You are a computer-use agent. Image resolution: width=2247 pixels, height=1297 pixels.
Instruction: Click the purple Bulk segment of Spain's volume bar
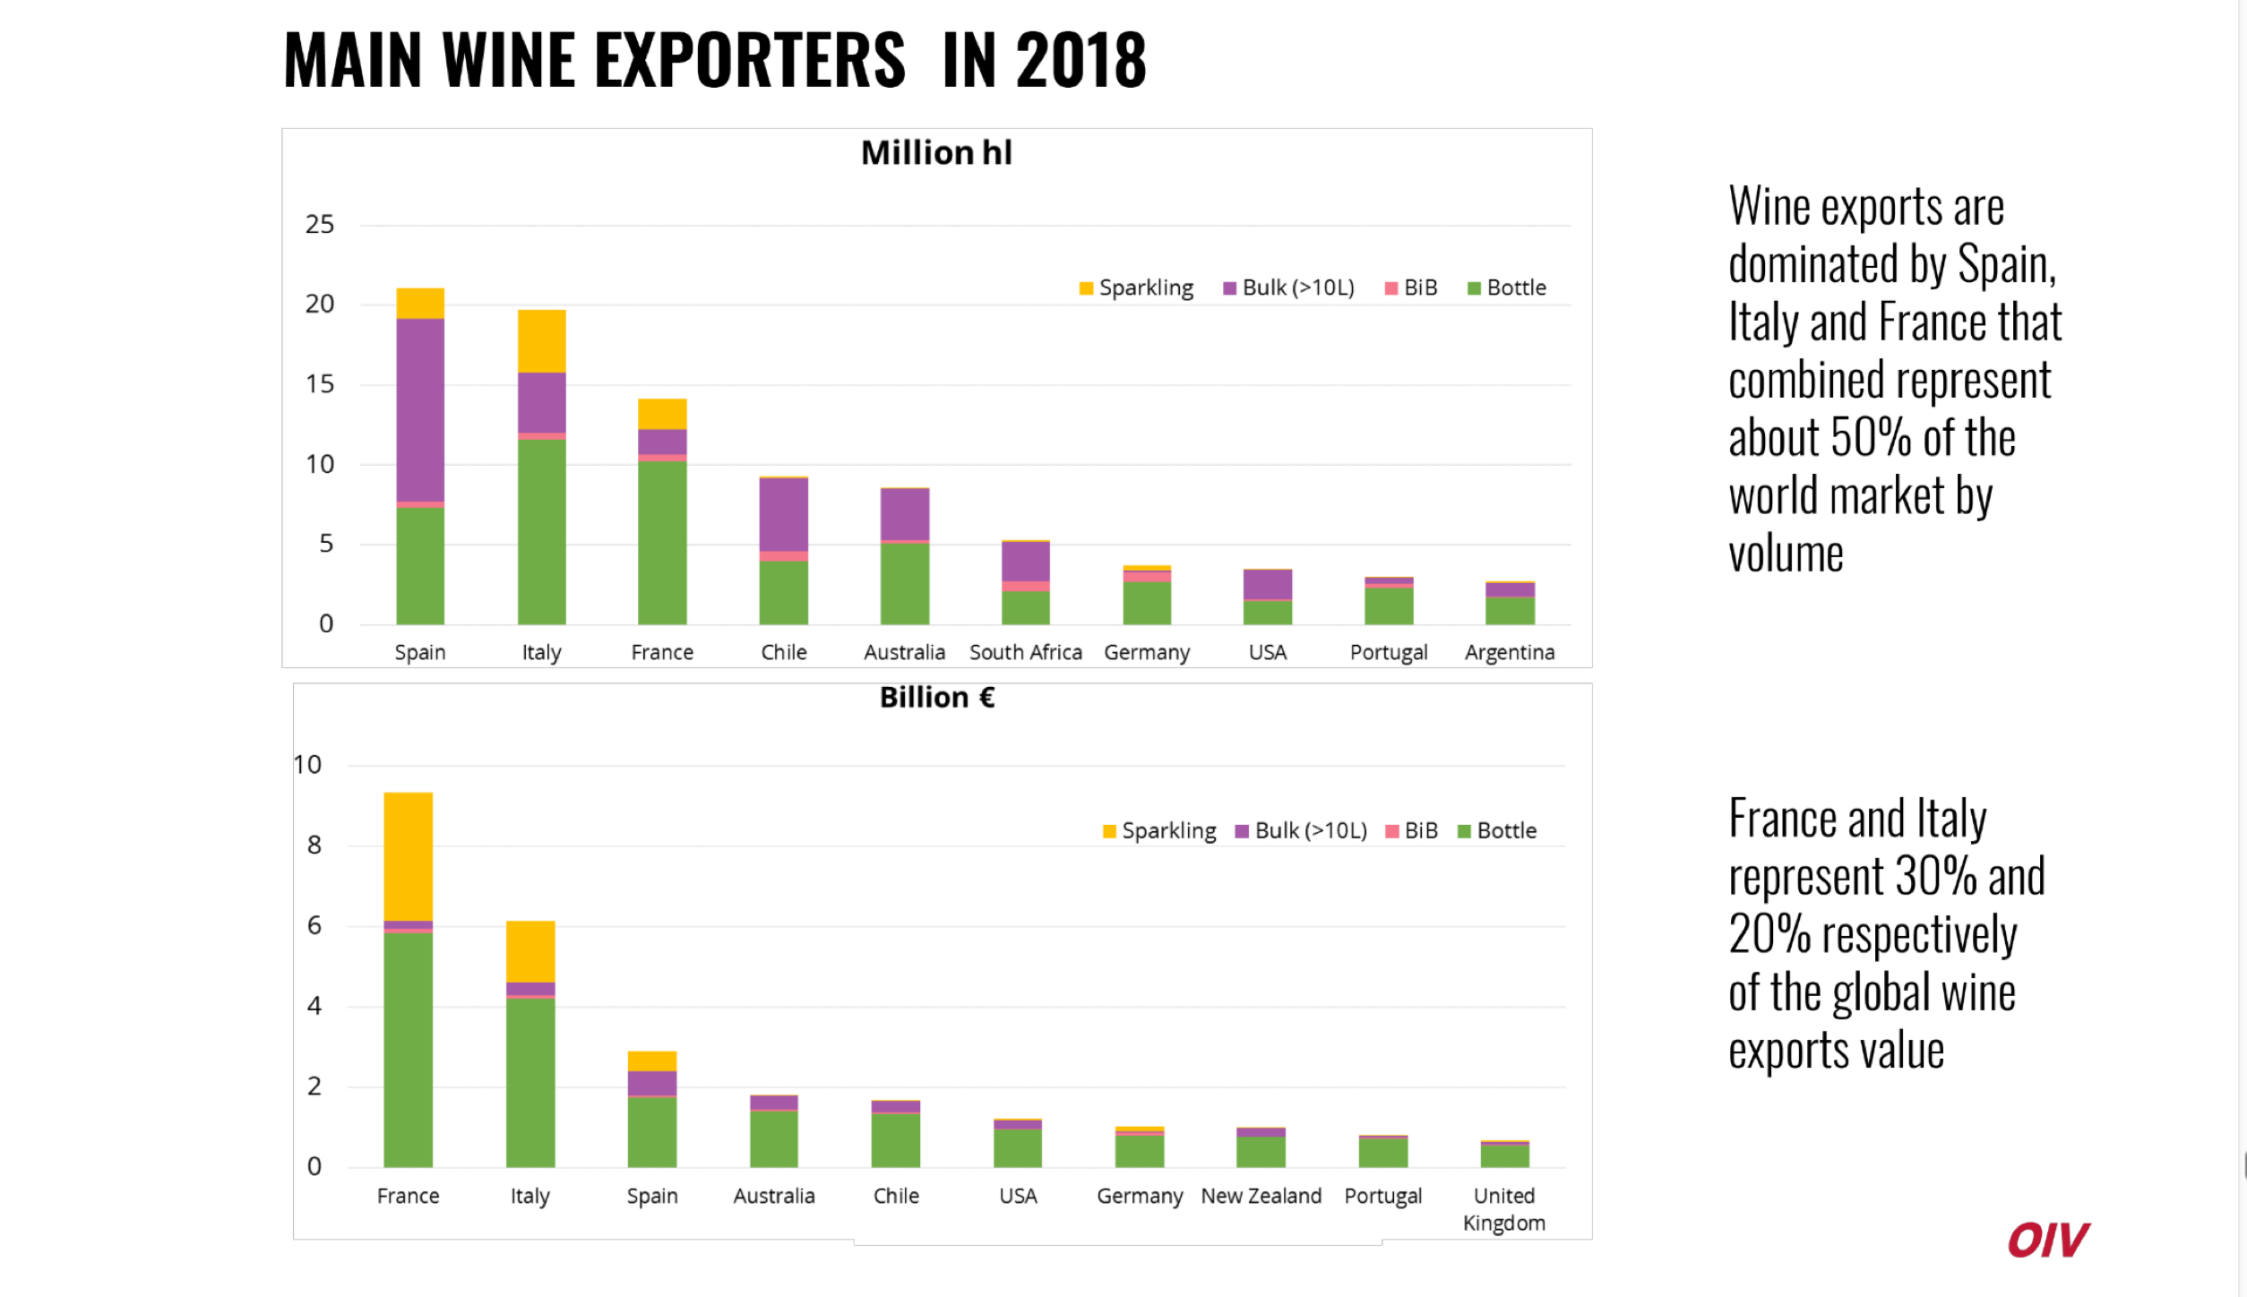pos(420,409)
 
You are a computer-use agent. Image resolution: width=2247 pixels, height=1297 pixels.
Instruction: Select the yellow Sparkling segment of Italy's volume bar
pos(542,340)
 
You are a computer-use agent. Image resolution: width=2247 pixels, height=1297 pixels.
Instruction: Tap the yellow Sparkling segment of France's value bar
pos(408,855)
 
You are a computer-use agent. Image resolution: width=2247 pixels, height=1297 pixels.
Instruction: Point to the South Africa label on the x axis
pos(1025,652)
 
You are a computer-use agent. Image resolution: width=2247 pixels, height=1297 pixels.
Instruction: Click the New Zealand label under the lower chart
pos(1261,1196)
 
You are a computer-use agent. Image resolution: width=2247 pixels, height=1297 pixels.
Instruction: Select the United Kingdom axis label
pos(1504,1209)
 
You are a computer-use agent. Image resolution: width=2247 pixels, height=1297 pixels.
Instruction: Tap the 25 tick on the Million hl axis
pos(320,224)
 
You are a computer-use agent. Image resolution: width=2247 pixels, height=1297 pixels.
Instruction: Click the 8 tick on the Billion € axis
pos(314,845)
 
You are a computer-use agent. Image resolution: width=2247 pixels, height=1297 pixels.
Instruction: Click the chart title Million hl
pos(936,153)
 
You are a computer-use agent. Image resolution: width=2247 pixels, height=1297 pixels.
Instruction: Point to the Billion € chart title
pos(937,697)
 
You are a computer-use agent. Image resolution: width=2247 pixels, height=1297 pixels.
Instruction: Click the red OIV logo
pos(2048,1240)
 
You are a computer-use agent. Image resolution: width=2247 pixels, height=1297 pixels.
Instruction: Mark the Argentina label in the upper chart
pos(1510,652)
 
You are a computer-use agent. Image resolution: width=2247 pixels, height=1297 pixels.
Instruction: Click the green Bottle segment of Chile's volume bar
pos(784,592)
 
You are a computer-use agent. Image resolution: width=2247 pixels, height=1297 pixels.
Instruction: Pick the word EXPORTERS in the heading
pos(750,60)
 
